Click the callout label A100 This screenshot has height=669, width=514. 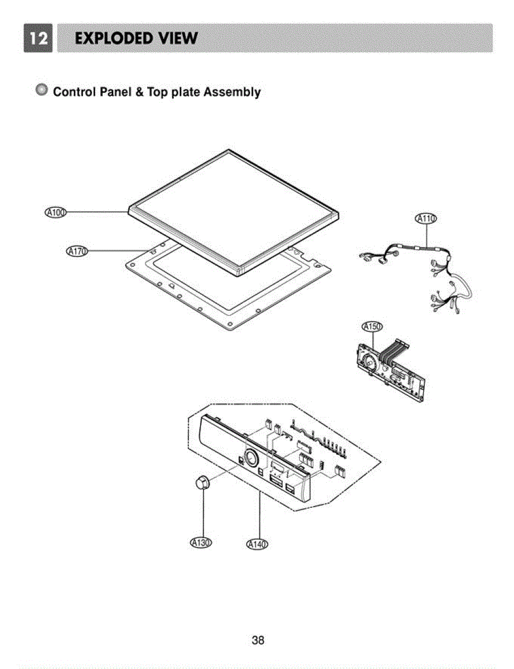pos(55,212)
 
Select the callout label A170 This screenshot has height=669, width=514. pos(77,251)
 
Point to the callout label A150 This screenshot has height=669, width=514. pos(372,327)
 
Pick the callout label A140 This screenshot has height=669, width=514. pos(257,544)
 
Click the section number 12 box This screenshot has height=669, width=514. pos(37,38)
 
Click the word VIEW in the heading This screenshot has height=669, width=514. pos(177,38)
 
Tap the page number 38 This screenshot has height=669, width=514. pos(258,640)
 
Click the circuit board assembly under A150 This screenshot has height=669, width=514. pos(390,374)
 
